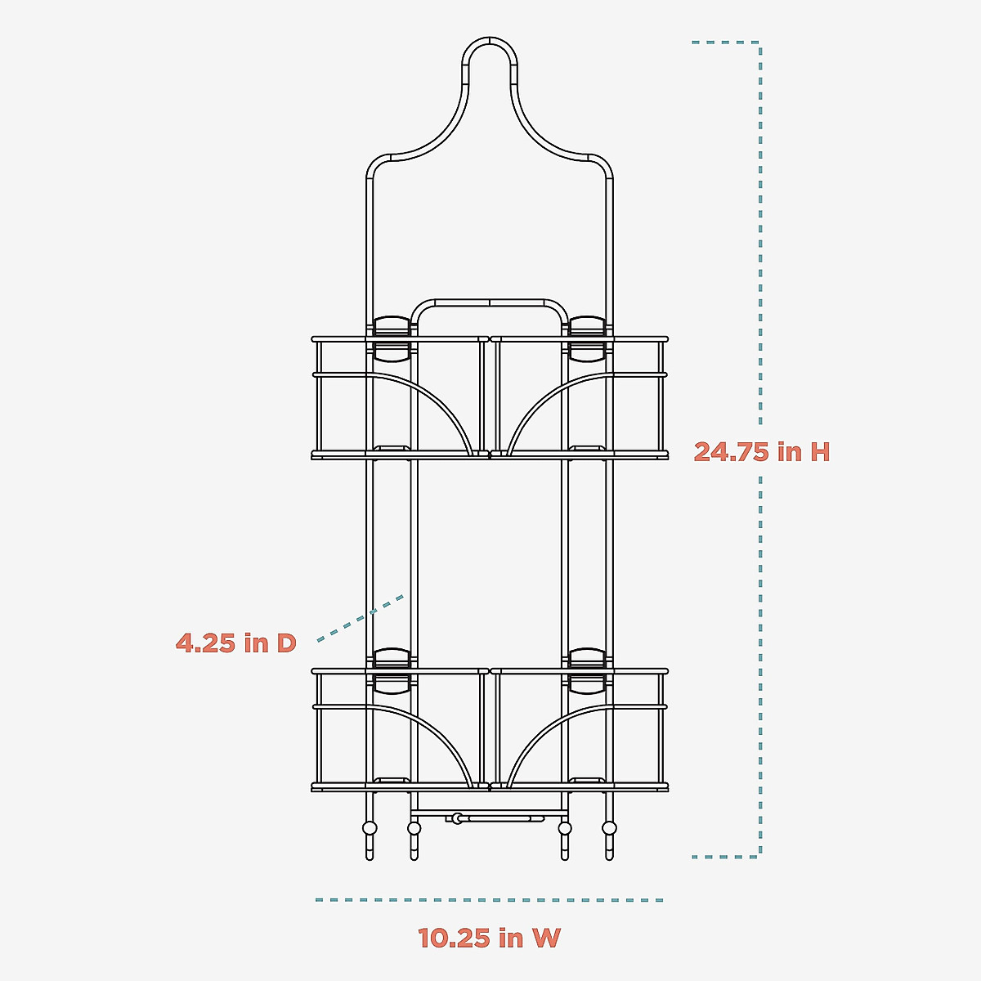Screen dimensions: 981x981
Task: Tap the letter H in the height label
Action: [x=820, y=451]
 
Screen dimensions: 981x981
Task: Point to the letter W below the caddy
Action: [x=546, y=938]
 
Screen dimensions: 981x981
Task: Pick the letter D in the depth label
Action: [x=285, y=643]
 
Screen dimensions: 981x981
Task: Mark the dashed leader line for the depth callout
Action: [x=360, y=616]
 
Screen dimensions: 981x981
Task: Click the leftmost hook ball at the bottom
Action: [x=370, y=828]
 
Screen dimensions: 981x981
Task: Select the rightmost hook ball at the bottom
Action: [x=609, y=828]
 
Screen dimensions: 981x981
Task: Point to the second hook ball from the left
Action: [x=414, y=828]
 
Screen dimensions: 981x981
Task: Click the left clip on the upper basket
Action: [x=392, y=338]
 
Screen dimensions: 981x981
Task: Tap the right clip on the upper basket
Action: [x=588, y=338]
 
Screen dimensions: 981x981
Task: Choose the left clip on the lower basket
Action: [x=392, y=671]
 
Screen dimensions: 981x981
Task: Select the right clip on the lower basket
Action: [x=588, y=671]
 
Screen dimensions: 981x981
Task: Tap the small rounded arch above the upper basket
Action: [x=490, y=302]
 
